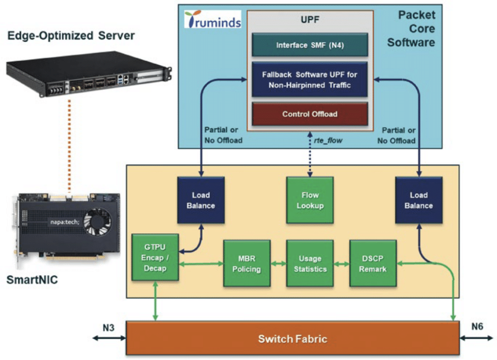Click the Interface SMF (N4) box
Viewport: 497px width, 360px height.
309,45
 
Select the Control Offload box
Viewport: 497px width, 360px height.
309,114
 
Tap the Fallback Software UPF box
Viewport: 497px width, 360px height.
309,79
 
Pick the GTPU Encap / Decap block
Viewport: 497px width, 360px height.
155,257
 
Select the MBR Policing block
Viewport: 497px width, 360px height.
247,263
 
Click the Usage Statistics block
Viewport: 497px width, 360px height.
310,263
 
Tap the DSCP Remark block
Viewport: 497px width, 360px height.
372,263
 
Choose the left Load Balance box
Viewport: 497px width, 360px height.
200,200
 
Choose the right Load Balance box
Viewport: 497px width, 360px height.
418,200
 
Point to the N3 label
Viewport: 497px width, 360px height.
109,326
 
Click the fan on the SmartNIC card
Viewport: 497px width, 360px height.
100,218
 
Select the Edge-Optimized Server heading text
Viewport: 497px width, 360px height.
70,35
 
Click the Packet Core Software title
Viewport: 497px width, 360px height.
416,28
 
